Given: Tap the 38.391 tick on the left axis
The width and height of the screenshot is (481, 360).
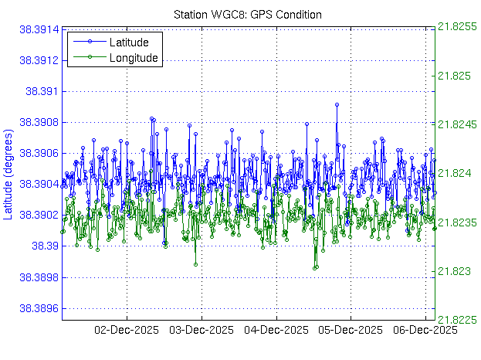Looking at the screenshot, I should coord(42,91).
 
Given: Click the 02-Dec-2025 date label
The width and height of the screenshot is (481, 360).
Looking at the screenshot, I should coord(127,331).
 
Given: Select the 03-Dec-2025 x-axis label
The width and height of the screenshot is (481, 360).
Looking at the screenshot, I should coord(202,331).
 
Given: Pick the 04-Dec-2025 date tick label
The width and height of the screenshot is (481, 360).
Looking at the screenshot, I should coord(276,331).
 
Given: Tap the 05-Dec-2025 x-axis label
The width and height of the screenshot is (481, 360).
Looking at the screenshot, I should coord(351,331).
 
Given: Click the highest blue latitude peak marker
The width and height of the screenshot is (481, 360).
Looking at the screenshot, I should coord(337,104).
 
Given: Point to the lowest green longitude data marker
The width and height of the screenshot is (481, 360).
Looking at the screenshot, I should coord(315,268).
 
